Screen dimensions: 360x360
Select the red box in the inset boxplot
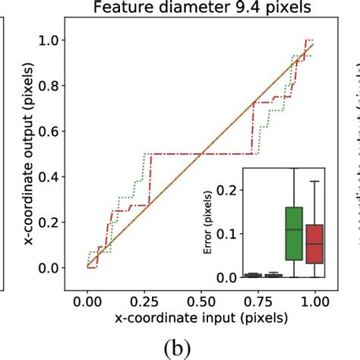[x=313, y=243]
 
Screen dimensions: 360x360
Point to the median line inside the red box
[x=313, y=244]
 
